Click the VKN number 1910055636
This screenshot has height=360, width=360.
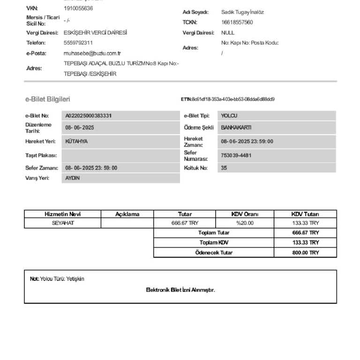pyautogui.click(x=78, y=8)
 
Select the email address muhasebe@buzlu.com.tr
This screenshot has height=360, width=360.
pyautogui.click(x=92, y=53)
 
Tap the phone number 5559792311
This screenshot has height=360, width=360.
pyautogui.click(x=78, y=43)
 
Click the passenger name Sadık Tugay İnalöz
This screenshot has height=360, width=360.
pyautogui.click(x=242, y=12)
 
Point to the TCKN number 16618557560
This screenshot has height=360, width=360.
pyautogui.click(x=237, y=22)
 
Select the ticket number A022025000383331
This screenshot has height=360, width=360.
pyautogui.click(x=89, y=116)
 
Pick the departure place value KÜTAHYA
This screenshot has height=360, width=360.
pyautogui.click(x=76, y=141)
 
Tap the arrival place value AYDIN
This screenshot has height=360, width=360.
pyautogui.click(x=72, y=178)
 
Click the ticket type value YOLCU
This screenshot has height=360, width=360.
pyautogui.click(x=229, y=116)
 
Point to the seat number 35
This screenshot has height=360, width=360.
pyautogui.click(x=224, y=168)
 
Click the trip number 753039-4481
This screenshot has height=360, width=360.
pyautogui.click(x=236, y=156)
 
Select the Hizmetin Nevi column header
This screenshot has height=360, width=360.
pyautogui.click(x=62, y=214)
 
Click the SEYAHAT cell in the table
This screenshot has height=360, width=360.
pyautogui.click(x=63, y=223)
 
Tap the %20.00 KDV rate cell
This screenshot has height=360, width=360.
pyautogui.click(x=245, y=223)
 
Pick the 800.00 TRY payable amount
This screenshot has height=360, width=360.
pyautogui.click(x=305, y=253)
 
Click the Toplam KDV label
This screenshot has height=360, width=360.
pyautogui.click(x=214, y=243)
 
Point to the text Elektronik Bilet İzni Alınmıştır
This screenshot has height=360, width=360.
pyautogui.click(x=180, y=290)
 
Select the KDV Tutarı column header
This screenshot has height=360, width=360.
pyautogui.click(x=305, y=214)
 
